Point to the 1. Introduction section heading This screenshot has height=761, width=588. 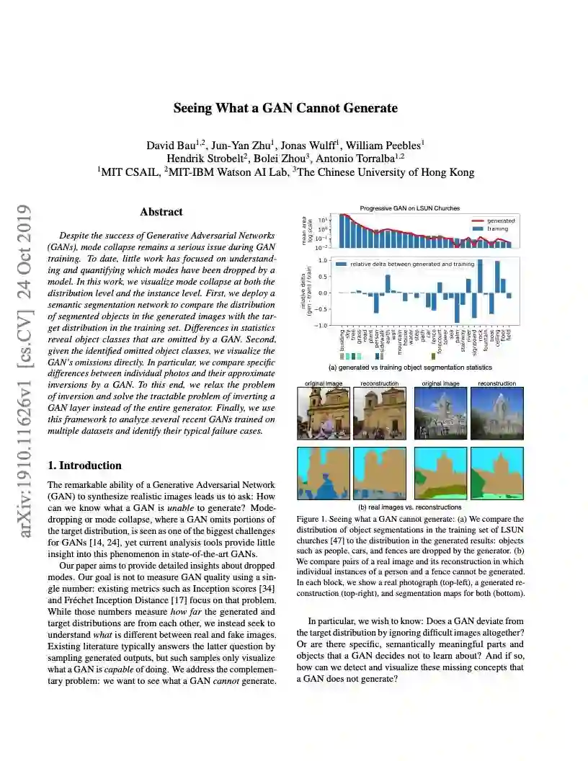click(84, 466)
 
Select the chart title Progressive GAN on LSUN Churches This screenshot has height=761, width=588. click(409, 208)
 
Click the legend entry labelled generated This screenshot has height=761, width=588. click(500, 221)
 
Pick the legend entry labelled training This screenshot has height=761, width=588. click(498, 228)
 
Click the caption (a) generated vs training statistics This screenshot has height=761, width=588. click(406, 367)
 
